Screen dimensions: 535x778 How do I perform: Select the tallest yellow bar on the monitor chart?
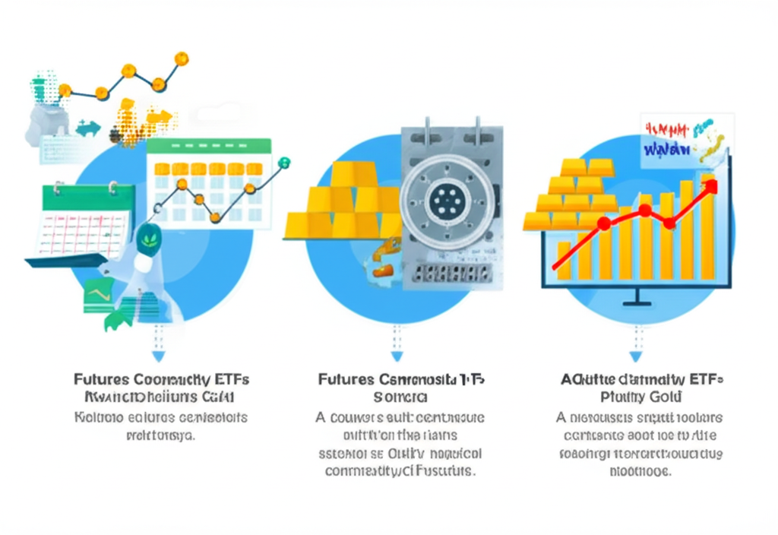(x=707, y=227)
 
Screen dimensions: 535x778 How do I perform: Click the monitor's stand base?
(x=637, y=304)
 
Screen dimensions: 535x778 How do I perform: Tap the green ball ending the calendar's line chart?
(x=284, y=163)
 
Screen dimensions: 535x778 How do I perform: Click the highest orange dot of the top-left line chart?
(x=181, y=59)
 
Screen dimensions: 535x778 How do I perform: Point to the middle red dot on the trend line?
(x=644, y=210)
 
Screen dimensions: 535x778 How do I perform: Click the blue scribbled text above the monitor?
(x=666, y=147)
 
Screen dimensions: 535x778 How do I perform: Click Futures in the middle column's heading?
(x=346, y=378)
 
